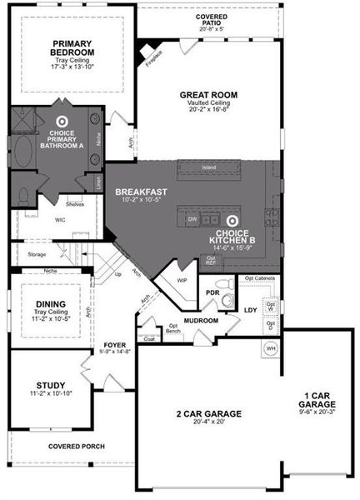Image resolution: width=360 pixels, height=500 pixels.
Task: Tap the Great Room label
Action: [204, 94]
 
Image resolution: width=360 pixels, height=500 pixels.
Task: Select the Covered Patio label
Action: [212, 17]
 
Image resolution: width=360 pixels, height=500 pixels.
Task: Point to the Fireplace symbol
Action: [149, 50]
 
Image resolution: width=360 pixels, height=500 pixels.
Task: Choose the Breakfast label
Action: [141, 192]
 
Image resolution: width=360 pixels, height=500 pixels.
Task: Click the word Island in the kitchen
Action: [209, 167]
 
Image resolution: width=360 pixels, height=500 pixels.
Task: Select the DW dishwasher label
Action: [192, 219]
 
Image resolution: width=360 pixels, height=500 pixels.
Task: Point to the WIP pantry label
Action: [182, 281]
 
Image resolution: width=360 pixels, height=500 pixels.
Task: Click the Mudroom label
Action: [202, 320]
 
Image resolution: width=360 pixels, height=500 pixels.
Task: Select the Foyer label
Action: [113, 344]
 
